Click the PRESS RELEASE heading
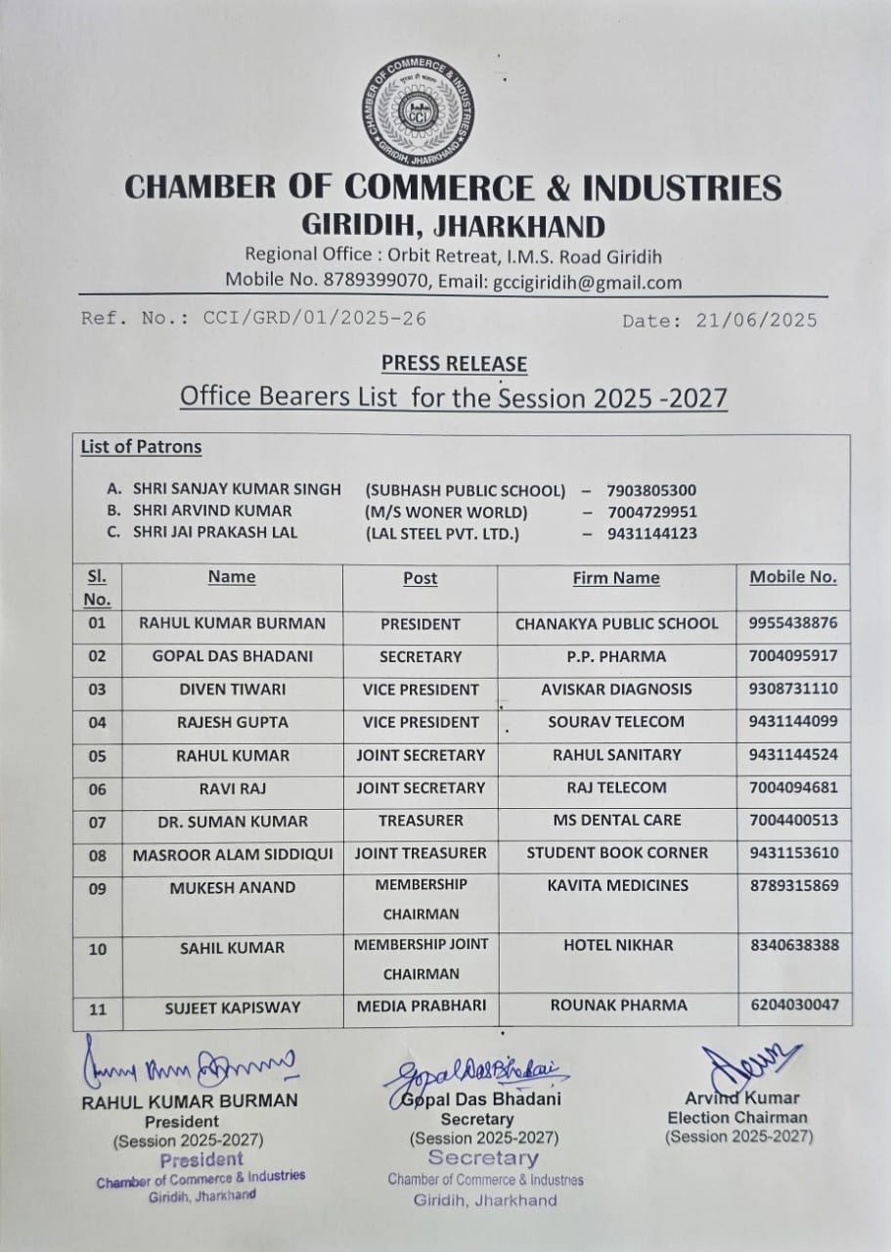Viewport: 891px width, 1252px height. pyautogui.click(x=454, y=364)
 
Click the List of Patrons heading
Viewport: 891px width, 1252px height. pyautogui.click(x=141, y=447)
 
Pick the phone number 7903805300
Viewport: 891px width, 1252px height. pyautogui.click(x=651, y=490)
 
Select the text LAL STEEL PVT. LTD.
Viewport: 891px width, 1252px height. pyautogui.click(x=442, y=533)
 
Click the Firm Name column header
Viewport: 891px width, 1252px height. pyautogui.click(x=616, y=578)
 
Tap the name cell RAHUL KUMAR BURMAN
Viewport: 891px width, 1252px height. pyautogui.click(x=232, y=623)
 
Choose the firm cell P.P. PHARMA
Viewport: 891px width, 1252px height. pyautogui.click(x=616, y=656)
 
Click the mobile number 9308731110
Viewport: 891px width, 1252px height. pyautogui.click(x=793, y=689)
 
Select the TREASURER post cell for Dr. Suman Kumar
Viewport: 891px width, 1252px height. pyautogui.click(x=421, y=821)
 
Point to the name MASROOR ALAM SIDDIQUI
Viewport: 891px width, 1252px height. pyautogui.click(x=233, y=854)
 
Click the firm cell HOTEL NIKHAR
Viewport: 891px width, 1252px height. pyautogui.click(x=616, y=945)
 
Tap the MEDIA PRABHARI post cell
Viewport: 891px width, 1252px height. pyautogui.click(x=421, y=1006)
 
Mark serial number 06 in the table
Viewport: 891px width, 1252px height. pyautogui.click(x=97, y=788)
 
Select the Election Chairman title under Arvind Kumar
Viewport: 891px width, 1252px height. pyautogui.click(x=737, y=1117)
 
